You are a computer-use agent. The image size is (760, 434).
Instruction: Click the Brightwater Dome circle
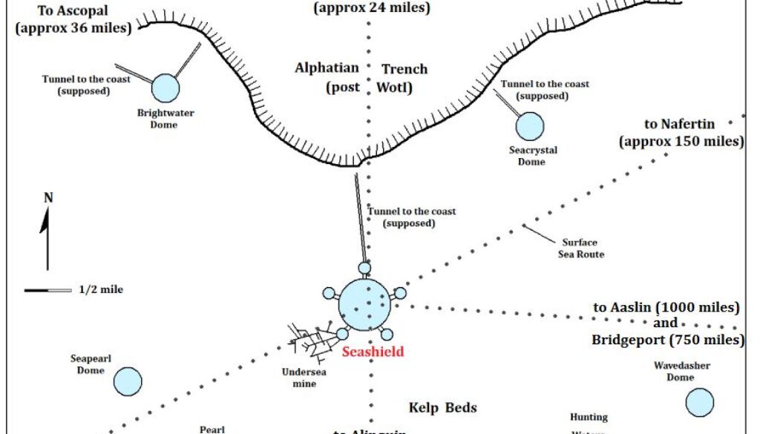coord(166,88)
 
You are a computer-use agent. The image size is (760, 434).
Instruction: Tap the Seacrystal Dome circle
coord(529,126)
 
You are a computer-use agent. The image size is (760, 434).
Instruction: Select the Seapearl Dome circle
coord(128,381)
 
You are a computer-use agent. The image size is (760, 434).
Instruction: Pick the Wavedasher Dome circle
coord(699,402)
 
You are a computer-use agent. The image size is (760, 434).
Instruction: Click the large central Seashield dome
coord(364,303)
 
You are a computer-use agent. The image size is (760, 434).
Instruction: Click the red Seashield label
coord(373,352)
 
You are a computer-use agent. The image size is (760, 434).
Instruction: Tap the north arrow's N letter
coord(48,198)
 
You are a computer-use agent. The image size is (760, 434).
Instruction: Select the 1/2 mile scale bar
coord(48,290)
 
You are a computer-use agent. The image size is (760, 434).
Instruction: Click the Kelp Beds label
coord(442,407)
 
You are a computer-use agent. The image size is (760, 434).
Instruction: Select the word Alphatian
coord(327,68)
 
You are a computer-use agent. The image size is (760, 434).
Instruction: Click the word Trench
coord(404,69)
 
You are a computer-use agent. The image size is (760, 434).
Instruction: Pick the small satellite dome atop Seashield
coord(364,267)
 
